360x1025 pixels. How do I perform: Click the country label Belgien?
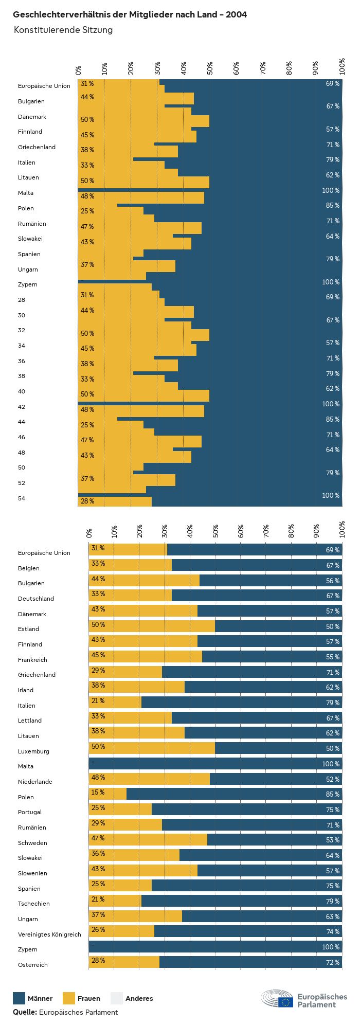click(29, 568)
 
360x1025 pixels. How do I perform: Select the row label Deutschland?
click(35, 599)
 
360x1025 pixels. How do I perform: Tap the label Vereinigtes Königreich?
click(49, 934)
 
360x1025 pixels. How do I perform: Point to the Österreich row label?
click(32, 965)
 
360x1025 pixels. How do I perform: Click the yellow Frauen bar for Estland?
click(152, 626)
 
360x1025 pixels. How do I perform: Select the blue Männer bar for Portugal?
click(247, 810)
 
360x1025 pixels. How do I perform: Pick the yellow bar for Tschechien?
click(115, 901)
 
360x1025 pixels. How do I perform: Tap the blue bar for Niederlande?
click(276, 779)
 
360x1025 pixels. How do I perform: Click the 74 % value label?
click(332, 931)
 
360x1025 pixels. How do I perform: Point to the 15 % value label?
click(98, 792)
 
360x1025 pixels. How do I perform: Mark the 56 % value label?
click(332, 581)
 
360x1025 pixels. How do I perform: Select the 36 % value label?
click(98, 853)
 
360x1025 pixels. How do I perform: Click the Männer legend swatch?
click(19, 998)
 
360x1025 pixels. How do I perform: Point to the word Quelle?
click(25, 1012)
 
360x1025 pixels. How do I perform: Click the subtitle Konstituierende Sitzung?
click(63, 30)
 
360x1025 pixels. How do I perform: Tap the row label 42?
click(22, 407)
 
